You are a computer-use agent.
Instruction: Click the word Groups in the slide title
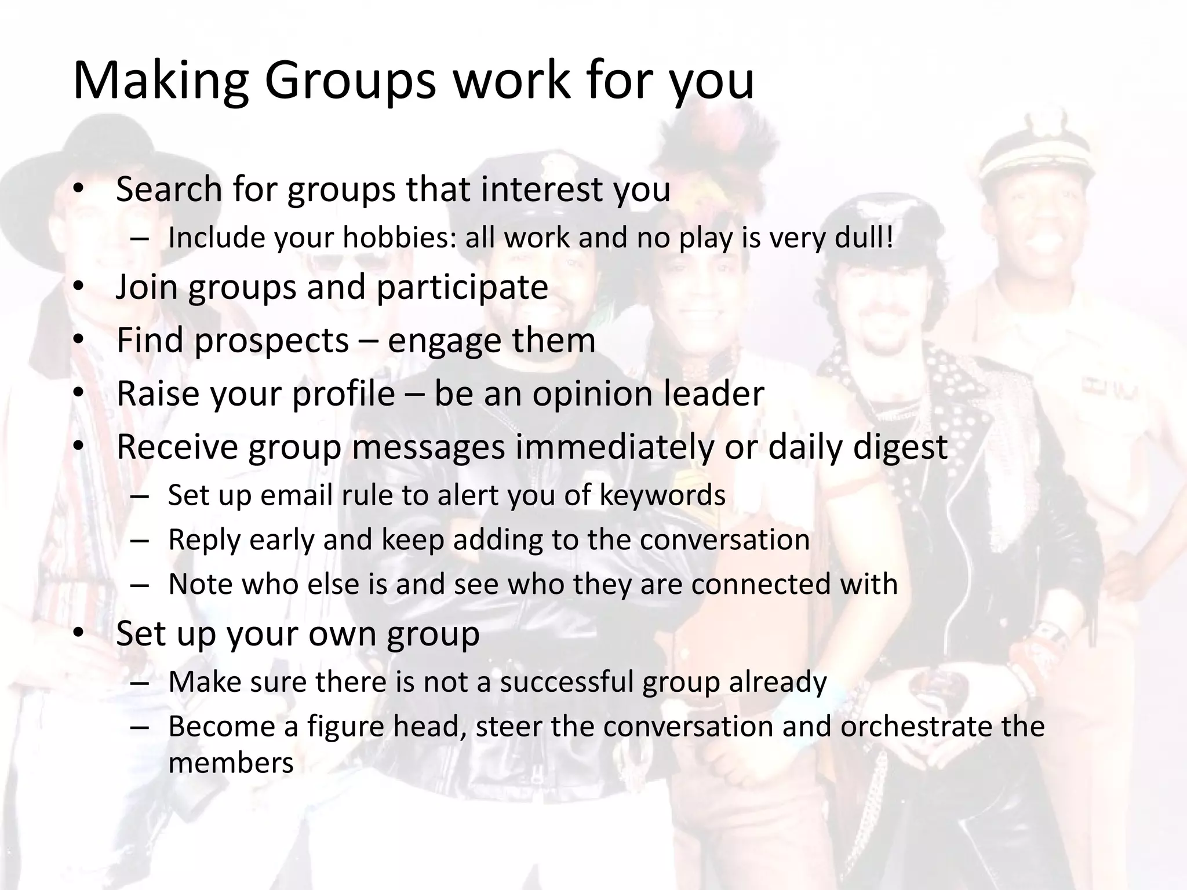(x=349, y=81)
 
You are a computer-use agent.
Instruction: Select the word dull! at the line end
(x=864, y=238)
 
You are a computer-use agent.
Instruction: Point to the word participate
(x=462, y=287)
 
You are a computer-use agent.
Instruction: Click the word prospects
(x=271, y=341)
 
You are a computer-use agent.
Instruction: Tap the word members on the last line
(x=231, y=763)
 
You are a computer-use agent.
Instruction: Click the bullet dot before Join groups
(x=79, y=288)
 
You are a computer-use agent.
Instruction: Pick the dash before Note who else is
(x=140, y=585)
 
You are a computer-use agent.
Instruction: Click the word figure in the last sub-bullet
(x=345, y=727)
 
